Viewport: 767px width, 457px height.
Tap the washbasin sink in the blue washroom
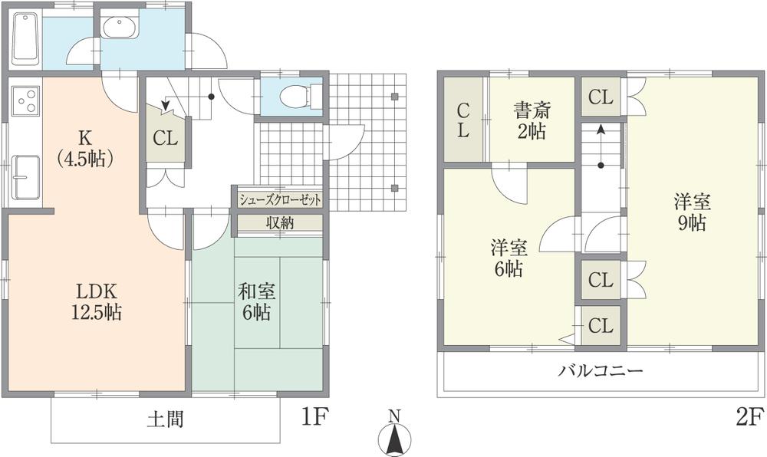pos(120,29)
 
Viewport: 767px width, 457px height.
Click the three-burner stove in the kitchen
pos(26,101)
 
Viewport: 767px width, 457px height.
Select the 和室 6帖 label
pos(258,301)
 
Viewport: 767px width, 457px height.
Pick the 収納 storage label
pos(279,223)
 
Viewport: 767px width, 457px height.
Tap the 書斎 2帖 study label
pos(530,120)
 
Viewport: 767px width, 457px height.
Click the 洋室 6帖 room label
pos(507,258)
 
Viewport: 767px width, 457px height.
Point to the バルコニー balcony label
pos(600,371)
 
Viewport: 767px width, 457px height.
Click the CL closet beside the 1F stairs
pos(165,140)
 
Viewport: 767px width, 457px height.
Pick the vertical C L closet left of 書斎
pos(463,120)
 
